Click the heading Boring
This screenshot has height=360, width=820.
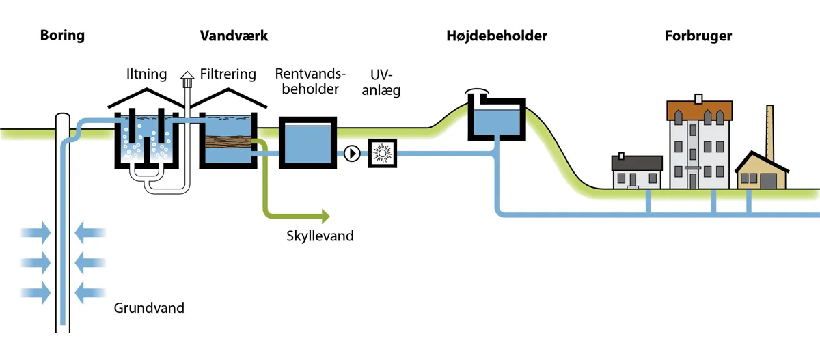62,36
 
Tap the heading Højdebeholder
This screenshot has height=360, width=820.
497,36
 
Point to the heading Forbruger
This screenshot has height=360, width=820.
698,36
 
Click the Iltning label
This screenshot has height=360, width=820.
147,74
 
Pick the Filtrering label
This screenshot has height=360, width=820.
228,74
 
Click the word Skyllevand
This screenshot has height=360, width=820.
320,236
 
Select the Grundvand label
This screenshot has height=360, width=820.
149,308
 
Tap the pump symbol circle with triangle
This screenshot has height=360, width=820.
352,153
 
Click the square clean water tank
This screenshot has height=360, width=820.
308,142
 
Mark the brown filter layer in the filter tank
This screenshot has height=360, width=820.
228,142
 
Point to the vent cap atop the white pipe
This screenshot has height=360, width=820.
187,77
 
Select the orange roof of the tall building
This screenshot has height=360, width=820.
699,109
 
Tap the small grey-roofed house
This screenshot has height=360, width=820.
637,171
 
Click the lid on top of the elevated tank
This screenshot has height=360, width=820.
478,91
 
